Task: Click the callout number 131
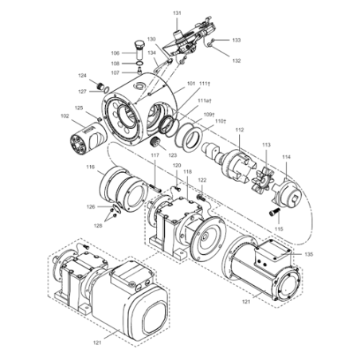177,13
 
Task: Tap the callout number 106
115,53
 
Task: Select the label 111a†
204,101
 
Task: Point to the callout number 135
309,254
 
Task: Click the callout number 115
279,229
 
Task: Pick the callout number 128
98,225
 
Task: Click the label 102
65,116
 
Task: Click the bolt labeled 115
275,212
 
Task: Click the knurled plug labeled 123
155,143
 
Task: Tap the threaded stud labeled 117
155,188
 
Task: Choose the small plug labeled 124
100,86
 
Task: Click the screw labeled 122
202,198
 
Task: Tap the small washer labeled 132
209,45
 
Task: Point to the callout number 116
91,166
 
